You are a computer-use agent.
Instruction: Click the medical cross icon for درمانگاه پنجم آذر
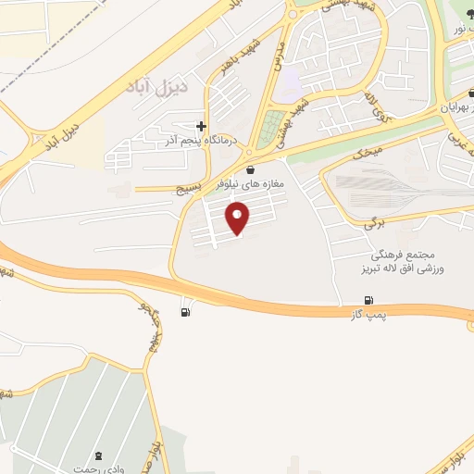202,126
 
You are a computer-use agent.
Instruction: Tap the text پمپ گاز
368,316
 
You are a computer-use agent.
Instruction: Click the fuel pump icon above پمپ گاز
370,300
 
